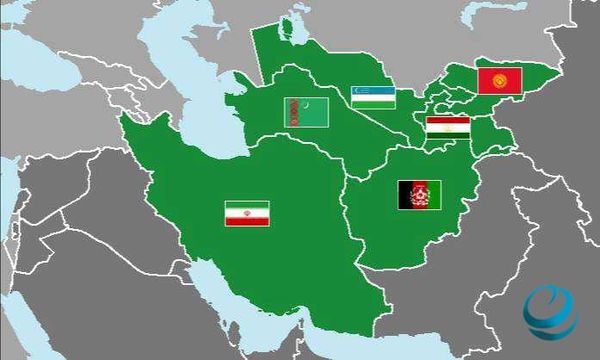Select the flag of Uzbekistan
pos(371,96)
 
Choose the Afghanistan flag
pos(416,194)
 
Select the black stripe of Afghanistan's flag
pos(404,194)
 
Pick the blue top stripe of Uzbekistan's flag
pos(371,90)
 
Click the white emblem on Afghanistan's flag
pos(416,194)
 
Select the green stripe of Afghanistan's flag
pos(428,194)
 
